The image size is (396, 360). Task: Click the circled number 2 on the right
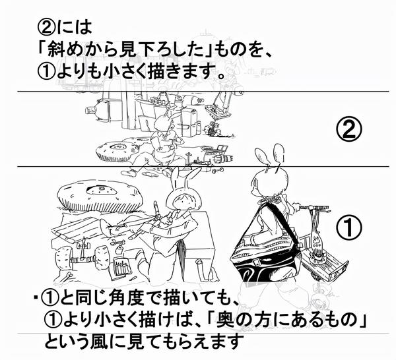(x=350, y=129)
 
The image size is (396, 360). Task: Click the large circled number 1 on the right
(x=349, y=227)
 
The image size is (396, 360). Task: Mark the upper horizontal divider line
(x=198, y=90)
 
